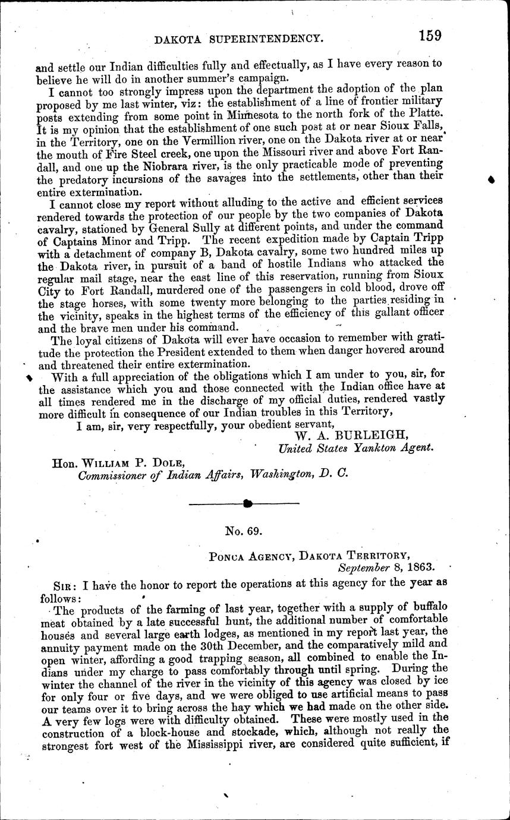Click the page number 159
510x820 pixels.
[429, 35]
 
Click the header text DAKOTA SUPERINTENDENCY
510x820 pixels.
[239, 39]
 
